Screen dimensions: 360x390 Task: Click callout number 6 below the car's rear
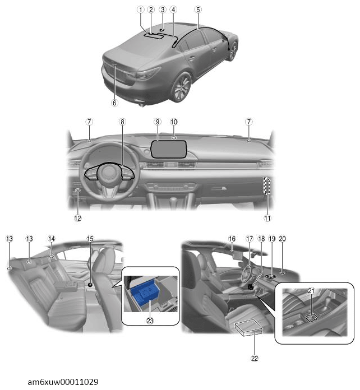(114, 103)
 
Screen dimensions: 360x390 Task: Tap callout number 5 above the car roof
(198, 10)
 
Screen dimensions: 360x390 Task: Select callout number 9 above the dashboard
(158, 122)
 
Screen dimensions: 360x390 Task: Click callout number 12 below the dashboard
(78, 218)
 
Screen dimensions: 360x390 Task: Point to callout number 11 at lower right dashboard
(267, 218)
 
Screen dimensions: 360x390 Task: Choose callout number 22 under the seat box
(255, 358)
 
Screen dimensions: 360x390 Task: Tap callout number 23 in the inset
(150, 321)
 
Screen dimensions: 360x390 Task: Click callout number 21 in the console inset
(311, 290)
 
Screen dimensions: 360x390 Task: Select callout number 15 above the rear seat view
(90, 239)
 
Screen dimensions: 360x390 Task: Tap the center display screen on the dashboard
(169, 149)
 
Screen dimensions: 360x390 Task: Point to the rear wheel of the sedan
(182, 86)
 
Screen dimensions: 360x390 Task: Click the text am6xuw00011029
(63, 382)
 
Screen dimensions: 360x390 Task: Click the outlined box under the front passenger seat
(249, 328)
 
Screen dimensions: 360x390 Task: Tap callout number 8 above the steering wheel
(122, 122)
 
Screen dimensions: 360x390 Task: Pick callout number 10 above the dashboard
(174, 122)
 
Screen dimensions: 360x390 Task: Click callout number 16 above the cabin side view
(232, 239)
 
